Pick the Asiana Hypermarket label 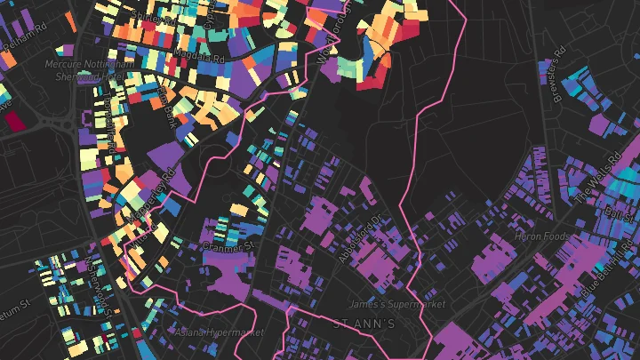click(x=220, y=332)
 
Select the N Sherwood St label click(x=99, y=286)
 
